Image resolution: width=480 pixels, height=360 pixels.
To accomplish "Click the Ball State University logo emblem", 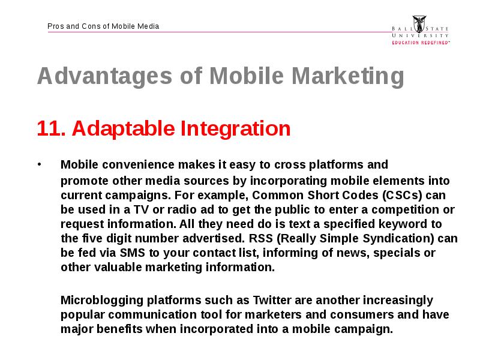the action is click(419, 24).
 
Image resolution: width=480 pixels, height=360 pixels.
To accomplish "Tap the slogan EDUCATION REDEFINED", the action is click(421, 43).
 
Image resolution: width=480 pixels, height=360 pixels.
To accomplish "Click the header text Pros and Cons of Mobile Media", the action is click(103, 26).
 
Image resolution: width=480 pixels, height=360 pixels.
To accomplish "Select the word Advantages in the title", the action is click(104, 76).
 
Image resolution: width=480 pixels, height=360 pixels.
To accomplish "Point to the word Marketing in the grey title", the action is click(348, 76).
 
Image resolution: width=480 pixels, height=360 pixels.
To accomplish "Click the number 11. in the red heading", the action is click(52, 128).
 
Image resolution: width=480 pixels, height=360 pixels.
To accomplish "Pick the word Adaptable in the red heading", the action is click(124, 128).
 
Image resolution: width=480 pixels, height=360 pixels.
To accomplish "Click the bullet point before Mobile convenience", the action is click(39, 164).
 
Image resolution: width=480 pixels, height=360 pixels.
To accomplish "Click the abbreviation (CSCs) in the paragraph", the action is click(402, 196).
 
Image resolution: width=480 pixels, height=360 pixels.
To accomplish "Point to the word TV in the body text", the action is click(141, 209).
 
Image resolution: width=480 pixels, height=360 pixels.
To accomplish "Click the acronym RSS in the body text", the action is click(261, 238).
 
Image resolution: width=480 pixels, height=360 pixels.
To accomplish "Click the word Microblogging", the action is click(102, 301).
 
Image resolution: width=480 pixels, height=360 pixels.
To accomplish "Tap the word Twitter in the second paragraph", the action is click(272, 300).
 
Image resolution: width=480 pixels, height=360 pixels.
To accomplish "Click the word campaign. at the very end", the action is click(364, 329).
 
